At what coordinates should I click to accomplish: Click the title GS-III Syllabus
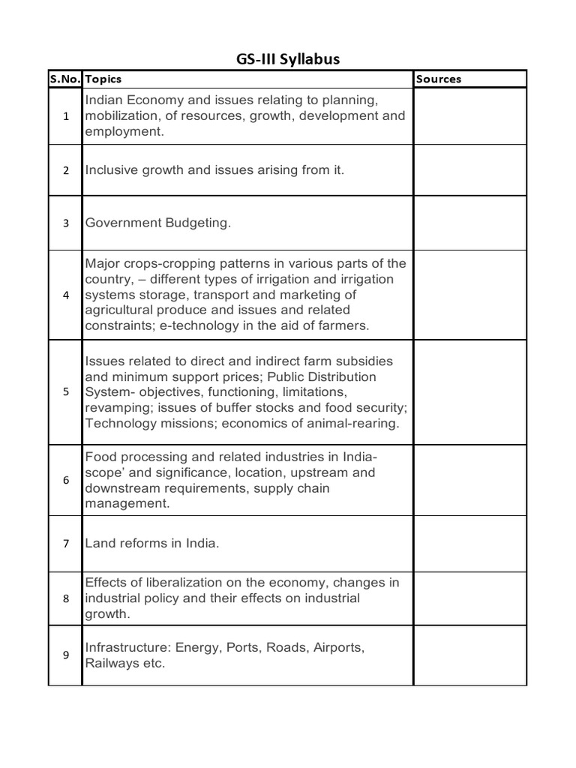287,59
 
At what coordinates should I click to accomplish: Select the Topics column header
103,79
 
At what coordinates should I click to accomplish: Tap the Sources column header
439,79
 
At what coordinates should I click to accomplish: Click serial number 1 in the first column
66,116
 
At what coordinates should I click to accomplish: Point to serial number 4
66,295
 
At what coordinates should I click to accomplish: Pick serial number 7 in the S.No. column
66,544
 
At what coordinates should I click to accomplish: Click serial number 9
66,655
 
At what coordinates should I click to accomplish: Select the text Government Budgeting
157,223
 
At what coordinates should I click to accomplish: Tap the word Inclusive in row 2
111,170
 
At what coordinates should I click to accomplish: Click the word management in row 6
126,504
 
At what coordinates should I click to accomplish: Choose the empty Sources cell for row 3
470,223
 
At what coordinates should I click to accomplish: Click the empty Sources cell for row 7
470,544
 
